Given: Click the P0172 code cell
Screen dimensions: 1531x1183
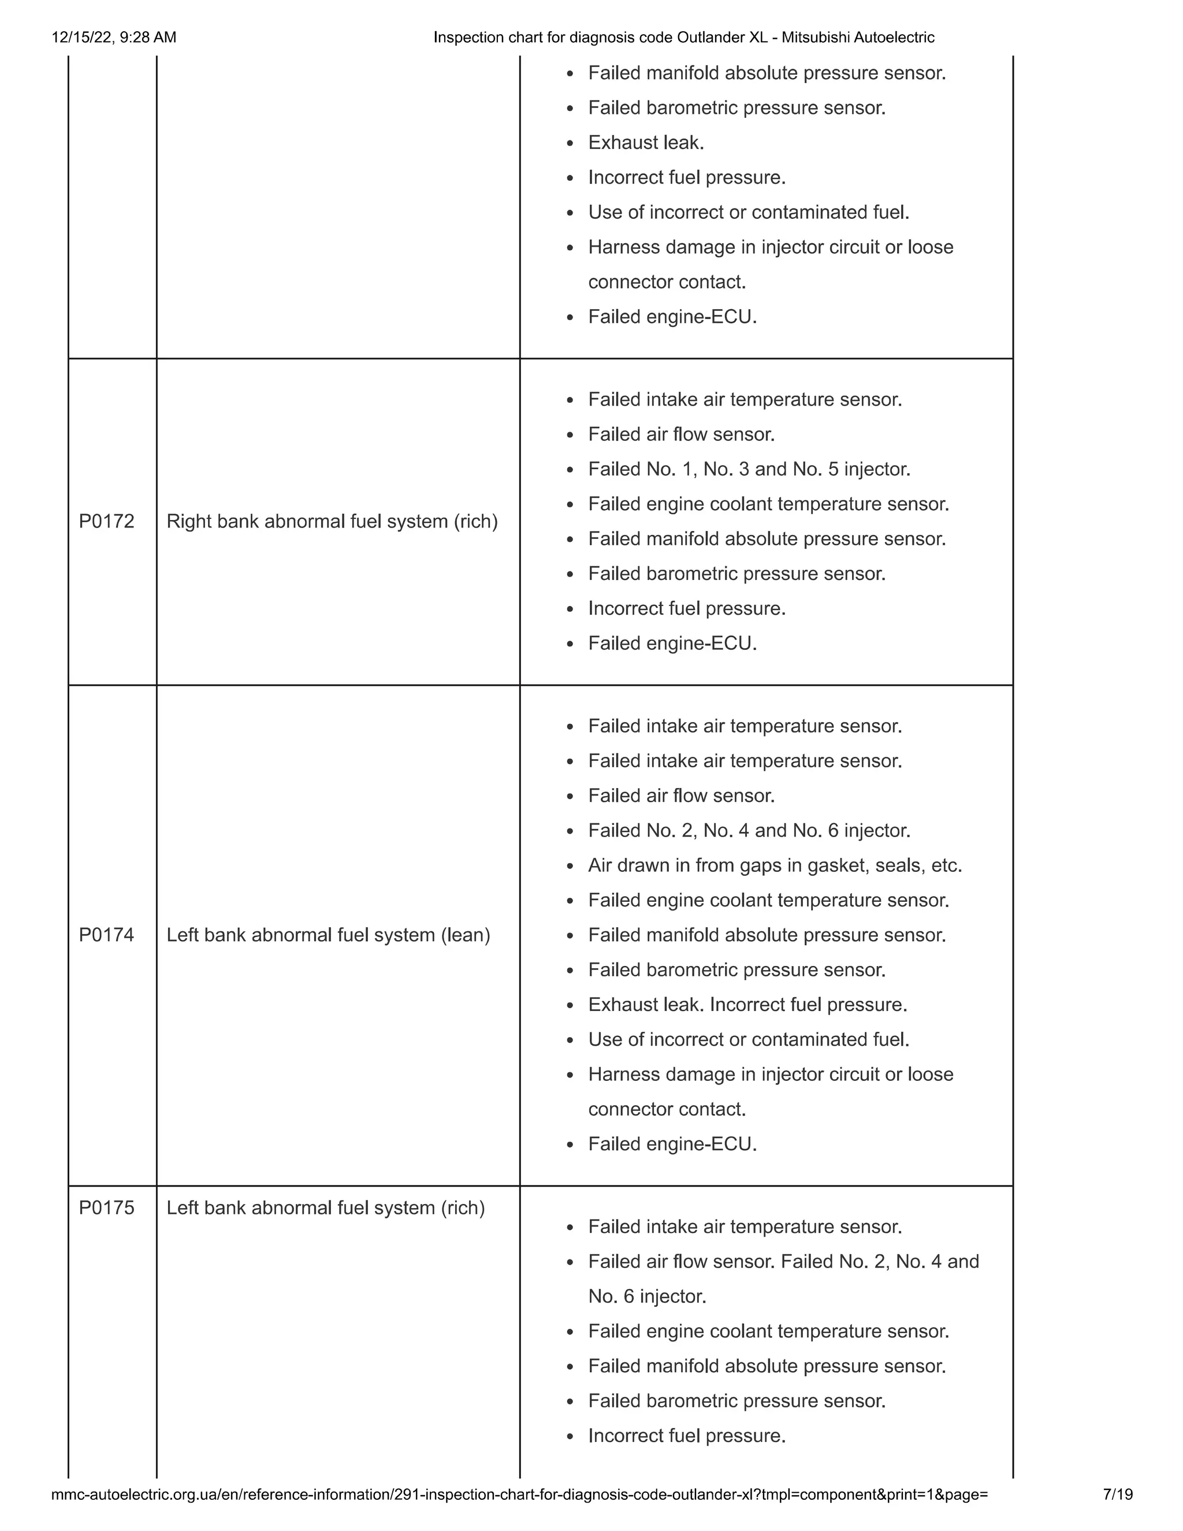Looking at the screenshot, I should coord(106,522).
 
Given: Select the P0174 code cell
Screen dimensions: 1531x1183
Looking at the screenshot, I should coord(106,935).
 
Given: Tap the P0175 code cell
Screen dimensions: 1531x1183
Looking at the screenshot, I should coord(106,1208).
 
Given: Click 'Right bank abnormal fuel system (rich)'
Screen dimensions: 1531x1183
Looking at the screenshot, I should coord(332,522).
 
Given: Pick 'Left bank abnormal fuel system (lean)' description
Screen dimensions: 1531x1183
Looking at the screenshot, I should coord(328,935).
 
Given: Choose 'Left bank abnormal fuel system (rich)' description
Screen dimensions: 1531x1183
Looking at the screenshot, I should coord(326,1208).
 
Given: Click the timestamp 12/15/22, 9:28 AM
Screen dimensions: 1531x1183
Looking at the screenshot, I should coord(114,37).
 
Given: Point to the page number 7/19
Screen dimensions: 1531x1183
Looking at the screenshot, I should coord(1118,1495).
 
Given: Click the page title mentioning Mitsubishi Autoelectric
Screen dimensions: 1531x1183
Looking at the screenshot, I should coord(684,37).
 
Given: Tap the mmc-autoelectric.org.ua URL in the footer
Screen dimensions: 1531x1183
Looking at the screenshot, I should coord(519,1495).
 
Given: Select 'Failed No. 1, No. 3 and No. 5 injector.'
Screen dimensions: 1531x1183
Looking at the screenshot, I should coord(749,469).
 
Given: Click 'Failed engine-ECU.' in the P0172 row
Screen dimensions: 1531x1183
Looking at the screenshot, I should coord(673,644).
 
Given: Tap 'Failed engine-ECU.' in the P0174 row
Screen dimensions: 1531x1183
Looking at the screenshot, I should coord(673,1144).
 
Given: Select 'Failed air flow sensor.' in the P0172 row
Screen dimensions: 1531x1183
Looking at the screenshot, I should coord(681,434).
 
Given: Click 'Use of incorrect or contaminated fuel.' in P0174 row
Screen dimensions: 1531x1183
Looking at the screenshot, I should coord(749,1039).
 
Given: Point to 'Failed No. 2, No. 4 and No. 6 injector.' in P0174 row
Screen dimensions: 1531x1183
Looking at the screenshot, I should coord(749,831).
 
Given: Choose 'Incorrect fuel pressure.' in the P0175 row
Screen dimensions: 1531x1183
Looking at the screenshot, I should coord(687,1436).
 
